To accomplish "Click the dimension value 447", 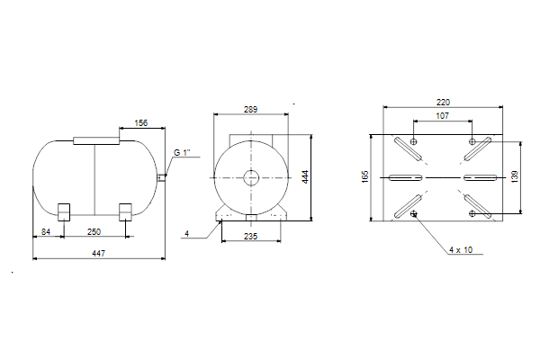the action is tap(98, 254).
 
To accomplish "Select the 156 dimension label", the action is tap(141, 123).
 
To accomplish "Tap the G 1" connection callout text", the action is tap(182, 153).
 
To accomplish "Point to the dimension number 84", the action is tap(46, 232).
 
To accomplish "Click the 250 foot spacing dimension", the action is tap(94, 232).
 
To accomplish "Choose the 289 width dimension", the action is tap(250, 110).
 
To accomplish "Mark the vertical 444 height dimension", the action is tap(305, 176).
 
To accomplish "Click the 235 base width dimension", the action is tap(250, 237).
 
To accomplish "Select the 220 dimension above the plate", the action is tap(443, 103).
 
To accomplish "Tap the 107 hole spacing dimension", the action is tap(443, 116).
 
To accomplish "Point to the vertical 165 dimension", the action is tap(365, 176).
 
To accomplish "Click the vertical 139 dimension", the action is tap(515, 176).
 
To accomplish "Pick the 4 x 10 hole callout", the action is tap(461, 250).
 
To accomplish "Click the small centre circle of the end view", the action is tap(251, 178).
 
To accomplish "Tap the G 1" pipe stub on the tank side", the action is tap(161, 178).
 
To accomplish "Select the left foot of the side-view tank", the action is tap(64, 212).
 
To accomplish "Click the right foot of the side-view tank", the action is tap(125, 212).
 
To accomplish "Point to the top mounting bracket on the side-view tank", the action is tap(96, 140).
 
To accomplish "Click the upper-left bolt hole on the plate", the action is tap(414, 141).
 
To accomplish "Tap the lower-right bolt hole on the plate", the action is tap(472, 213).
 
